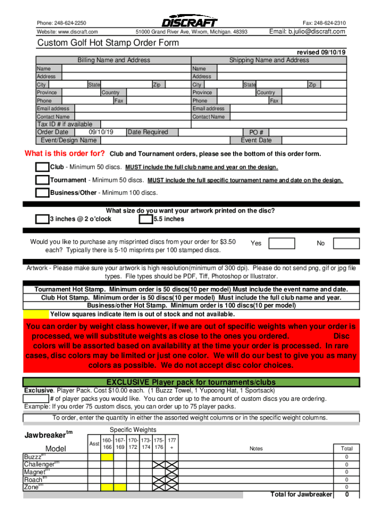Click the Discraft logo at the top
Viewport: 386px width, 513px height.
[189, 23]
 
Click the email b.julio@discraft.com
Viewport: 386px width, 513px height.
[307, 32]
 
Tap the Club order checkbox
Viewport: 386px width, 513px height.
[42, 167]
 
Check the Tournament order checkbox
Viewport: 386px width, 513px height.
[42, 180]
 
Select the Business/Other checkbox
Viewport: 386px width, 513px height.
[42, 193]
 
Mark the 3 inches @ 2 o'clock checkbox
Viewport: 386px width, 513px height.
[42, 219]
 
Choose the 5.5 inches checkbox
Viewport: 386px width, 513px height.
[146, 219]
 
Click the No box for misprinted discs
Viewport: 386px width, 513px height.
[346, 243]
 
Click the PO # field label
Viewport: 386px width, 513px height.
[256, 133]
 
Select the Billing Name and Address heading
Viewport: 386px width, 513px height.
[113, 60]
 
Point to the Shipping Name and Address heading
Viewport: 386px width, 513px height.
[269, 60]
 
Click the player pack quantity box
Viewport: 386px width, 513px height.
[36, 399]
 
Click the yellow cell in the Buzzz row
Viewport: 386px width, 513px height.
[107, 457]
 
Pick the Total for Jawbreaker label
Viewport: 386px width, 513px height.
[301, 494]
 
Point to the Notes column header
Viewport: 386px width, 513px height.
[256, 449]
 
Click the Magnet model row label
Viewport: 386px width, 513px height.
[34, 472]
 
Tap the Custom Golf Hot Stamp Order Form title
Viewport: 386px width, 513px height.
[108, 43]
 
